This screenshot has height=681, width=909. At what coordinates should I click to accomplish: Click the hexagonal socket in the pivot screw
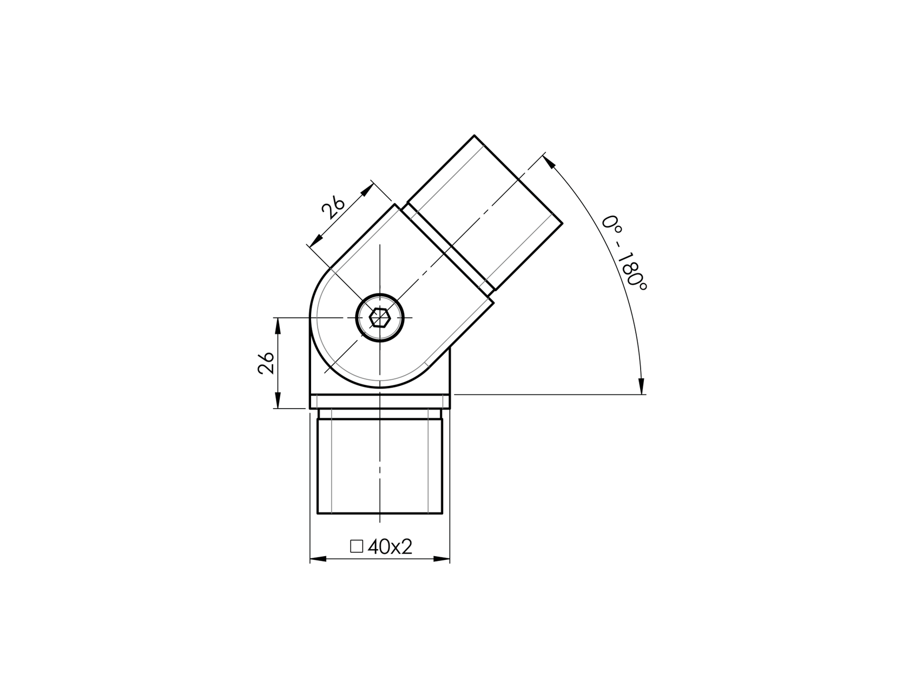[x=380, y=318]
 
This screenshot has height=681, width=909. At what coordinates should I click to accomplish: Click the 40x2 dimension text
[x=390, y=547]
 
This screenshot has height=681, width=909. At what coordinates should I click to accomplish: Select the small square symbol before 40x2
[x=356, y=546]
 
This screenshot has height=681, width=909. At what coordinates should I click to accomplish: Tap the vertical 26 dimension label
[x=265, y=363]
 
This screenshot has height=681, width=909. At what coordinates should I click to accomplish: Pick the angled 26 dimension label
[x=333, y=207]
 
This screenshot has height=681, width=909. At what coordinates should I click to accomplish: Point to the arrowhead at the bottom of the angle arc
[x=642, y=386]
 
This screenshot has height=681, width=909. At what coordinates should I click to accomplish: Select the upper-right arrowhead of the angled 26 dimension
[x=368, y=190]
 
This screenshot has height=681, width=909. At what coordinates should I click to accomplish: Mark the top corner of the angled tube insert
[x=475, y=136]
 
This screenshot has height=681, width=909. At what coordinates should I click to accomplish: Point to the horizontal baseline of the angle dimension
[x=546, y=395]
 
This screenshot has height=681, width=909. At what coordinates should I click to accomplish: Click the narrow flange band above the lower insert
[x=380, y=402]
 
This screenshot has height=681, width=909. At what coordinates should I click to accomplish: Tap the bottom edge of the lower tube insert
[x=380, y=514]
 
